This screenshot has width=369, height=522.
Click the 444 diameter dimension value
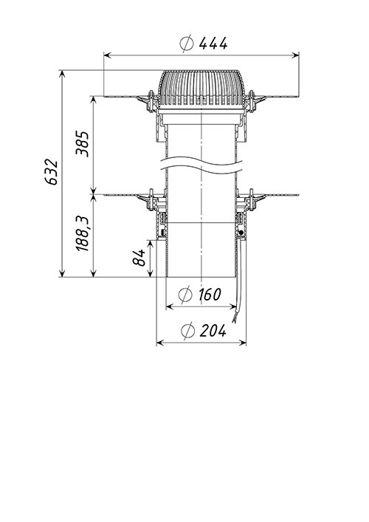[213, 44]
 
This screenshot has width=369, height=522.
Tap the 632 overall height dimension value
[51, 172]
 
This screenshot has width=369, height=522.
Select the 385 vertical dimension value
[82, 144]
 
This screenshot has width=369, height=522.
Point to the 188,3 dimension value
[82, 233]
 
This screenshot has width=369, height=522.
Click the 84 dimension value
[139, 258]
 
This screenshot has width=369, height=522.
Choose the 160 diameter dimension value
[210, 295]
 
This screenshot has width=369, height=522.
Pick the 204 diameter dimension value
[213, 330]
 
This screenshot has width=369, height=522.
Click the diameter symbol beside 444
[187, 44]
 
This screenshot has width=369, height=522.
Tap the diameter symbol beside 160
[185, 295]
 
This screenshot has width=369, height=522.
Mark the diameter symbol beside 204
[187, 331]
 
